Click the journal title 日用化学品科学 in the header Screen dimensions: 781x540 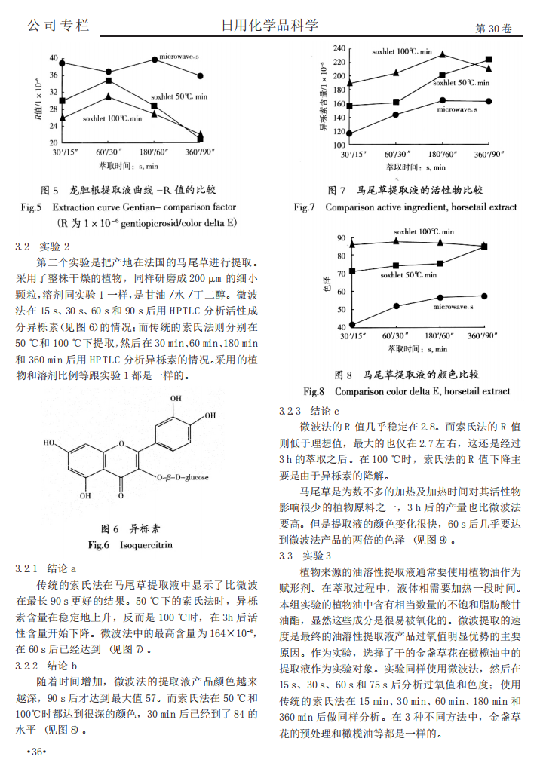(269, 26)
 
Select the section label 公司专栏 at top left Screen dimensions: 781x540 (58, 26)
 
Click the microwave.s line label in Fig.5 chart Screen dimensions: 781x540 (179, 57)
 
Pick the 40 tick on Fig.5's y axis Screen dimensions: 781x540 (53, 58)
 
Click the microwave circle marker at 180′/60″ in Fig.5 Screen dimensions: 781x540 (155, 59)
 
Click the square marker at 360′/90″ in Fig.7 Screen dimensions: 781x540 (489, 59)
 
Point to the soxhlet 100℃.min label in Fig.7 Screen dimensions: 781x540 (401, 52)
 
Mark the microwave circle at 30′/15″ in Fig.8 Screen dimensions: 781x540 (351, 324)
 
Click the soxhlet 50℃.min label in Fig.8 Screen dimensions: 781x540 (408, 275)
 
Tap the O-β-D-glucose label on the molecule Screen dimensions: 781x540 (187, 477)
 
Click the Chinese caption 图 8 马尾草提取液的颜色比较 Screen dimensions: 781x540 (407, 375)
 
